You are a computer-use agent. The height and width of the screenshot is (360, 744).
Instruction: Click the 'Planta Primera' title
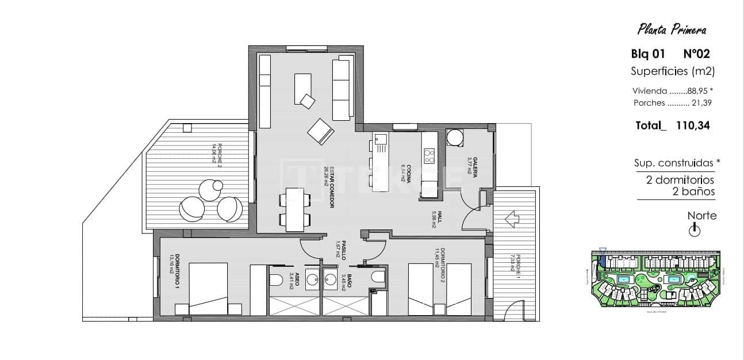click(672, 29)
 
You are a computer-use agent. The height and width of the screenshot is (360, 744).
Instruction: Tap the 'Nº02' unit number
click(696, 54)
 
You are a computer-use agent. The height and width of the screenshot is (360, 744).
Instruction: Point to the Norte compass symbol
click(695, 231)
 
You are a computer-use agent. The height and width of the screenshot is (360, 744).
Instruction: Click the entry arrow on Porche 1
click(512, 219)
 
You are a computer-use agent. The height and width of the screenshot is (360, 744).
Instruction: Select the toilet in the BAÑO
click(378, 278)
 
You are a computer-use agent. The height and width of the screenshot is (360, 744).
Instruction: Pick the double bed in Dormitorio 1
click(209, 288)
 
